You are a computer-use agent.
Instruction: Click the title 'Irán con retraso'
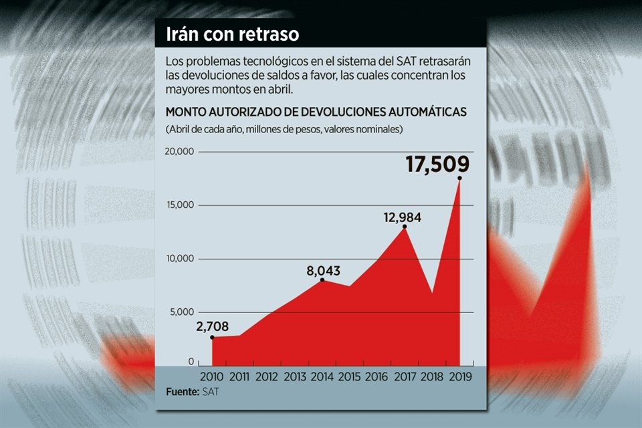[x=227, y=33]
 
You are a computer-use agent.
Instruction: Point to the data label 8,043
[x=324, y=271]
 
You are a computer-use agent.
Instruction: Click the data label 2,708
[x=213, y=326]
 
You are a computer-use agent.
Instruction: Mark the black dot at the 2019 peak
[x=459, y=178]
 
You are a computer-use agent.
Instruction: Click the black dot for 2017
[x=405, y=227]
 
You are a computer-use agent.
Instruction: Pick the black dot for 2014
[x=322, y=280]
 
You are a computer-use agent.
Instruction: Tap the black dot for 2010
[x=213, y=337]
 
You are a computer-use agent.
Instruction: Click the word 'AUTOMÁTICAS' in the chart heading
[x=422, y=112]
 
